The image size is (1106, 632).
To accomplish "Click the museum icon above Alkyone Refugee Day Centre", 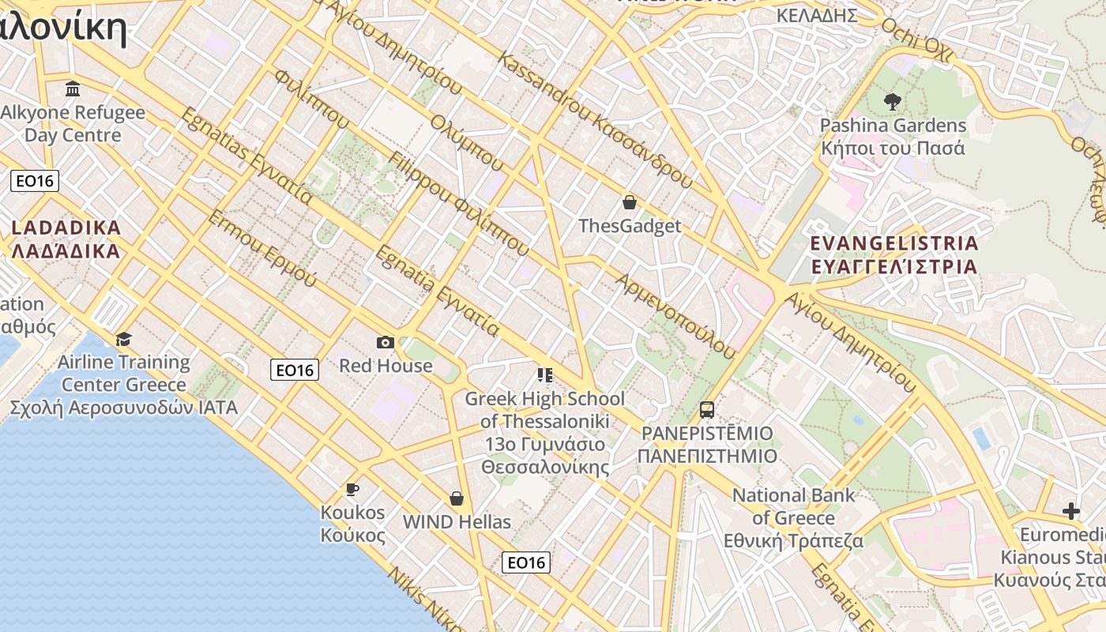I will [x=73, y=88].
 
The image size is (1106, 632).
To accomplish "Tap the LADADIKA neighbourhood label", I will [x=66, y=239].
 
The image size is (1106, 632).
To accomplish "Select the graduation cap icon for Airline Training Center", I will [x=123, y=340].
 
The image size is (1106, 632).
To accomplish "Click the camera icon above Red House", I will [x=386, y=342].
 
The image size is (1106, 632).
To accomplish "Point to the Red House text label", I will [x=386, y=366].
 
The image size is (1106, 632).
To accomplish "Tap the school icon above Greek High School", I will [x=544, y=374].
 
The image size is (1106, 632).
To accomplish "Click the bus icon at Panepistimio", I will [x=707, y=410].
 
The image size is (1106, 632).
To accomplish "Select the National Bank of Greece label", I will [x=794, y=518].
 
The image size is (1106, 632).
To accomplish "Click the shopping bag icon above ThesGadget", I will [x=630, y=202].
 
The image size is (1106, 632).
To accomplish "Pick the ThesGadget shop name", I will [x=630, y=227].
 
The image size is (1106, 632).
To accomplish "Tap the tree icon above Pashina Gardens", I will [x=893, y=101].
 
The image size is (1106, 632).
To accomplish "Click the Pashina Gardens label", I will [x=893, y=137].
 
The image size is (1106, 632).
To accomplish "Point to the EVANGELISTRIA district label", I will [x=894, y=254].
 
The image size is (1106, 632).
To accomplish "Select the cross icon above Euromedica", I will [x=1071, y=511].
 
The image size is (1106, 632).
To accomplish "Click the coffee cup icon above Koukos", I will [x=352, y=490].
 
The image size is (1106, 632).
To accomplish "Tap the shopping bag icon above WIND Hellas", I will [x=457, y=498].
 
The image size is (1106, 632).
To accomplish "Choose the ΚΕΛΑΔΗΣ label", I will [x=817, y=16].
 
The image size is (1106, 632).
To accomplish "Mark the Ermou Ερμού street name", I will [x=261, y=249].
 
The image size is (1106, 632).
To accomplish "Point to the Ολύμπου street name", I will [x=467, y=143].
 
